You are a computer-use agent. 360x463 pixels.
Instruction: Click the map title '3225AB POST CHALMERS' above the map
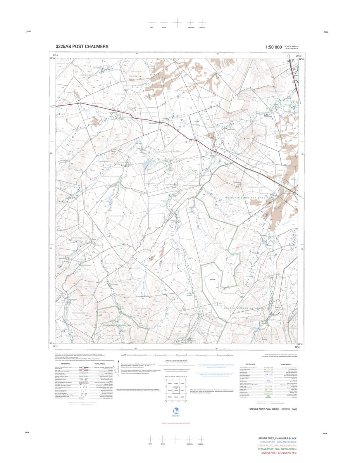pos(82,47)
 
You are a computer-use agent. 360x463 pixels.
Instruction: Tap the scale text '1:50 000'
pos(273,47)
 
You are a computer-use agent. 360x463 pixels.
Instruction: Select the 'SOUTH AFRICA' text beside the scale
pos(291,46)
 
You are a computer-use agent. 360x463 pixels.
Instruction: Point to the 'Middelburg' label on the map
pos(250,138)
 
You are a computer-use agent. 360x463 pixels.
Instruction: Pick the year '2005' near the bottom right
pos(295,409)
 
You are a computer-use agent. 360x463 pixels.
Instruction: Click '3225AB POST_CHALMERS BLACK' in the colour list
pos(279,438)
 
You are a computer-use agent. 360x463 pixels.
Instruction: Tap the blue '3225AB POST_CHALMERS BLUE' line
pos(278,442)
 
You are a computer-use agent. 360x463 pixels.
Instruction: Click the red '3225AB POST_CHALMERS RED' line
pos(279,453)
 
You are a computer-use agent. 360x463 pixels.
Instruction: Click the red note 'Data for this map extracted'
pos(177,423)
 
